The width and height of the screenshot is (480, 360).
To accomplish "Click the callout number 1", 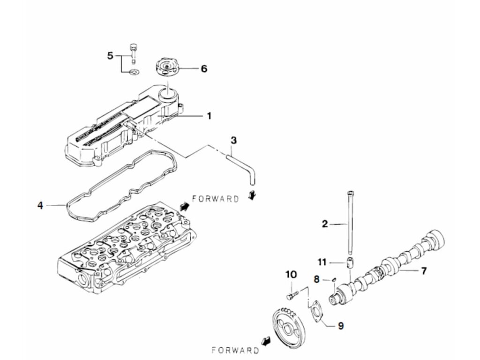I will [209, 115].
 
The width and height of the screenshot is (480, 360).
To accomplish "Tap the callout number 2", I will [325, 225].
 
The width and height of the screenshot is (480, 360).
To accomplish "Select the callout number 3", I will [234, 140].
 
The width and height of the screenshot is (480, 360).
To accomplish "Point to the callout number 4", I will [40, 205].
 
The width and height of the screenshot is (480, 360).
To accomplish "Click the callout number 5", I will [110, 56].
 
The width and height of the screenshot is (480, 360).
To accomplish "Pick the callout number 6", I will [203, 69].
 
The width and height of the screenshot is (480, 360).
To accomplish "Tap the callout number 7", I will [423, 270].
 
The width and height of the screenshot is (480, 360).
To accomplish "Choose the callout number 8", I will [317, 279].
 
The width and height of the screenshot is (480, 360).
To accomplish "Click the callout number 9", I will [340, 325].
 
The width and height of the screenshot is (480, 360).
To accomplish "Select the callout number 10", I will [291, 274].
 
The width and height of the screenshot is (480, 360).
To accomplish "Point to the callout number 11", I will [321, 262].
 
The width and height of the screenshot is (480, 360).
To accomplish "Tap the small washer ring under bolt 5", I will [134, 72].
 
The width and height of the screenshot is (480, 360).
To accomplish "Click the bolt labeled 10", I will [291, 296].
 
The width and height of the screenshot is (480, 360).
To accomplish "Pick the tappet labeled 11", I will [350, 262].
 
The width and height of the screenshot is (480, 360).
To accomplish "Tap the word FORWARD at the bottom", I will [235, 350].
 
